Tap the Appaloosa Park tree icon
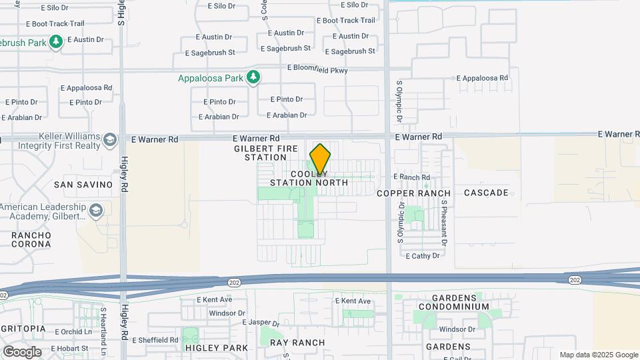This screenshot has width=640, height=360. tap(253, 77)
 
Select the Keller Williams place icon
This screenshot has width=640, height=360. tap(109, 140)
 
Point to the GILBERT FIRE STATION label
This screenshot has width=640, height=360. tap(260, 153)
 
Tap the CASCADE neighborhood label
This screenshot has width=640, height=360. tap(486, 193)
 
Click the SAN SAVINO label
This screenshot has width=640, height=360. tap(83, 184)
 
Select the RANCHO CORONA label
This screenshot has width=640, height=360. tap(31, 239)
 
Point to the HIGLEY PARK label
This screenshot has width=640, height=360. tap(207, 348)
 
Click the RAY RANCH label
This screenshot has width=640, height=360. tap(297, 343)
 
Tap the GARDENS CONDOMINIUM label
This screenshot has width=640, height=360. tap(454, 301)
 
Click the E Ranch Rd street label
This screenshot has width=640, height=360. tap(411, 177)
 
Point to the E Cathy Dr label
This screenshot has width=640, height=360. tap(423, 256)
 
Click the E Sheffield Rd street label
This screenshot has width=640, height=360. tap(155, 339)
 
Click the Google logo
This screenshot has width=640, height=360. tap(22, 351)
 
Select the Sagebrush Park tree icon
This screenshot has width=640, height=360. tap(56, 42)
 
